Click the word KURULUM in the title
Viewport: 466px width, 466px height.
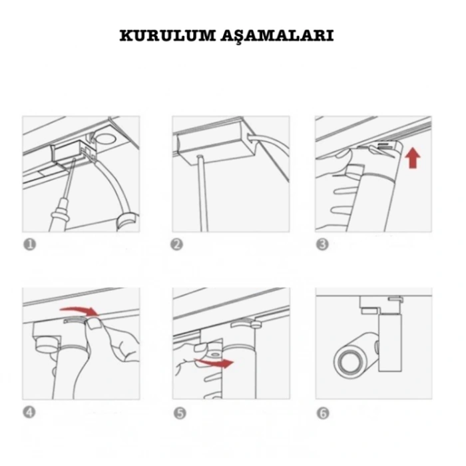tap(168, 35)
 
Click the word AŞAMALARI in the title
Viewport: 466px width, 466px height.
tap(278, 36)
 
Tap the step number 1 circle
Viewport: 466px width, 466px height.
tap(29, 244)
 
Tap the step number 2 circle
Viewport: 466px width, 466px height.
tap(177, 244)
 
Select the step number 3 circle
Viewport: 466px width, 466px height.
tap(322, 244)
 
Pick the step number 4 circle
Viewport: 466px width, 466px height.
tap(29, 413)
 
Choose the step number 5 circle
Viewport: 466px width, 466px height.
tap(180, 413)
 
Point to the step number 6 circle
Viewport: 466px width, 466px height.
tap(323, 413)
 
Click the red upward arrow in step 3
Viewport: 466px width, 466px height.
tap(413, 158)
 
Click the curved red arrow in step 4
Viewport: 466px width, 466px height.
tap(81, 310)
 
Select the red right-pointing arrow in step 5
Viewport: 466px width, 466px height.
tap(214, 362)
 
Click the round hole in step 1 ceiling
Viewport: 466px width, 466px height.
tap(105, 138)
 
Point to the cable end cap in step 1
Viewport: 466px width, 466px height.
tap(127, 222)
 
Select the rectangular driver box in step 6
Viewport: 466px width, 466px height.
tap(390, 343)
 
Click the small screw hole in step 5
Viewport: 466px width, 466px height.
tap(214, 355)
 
